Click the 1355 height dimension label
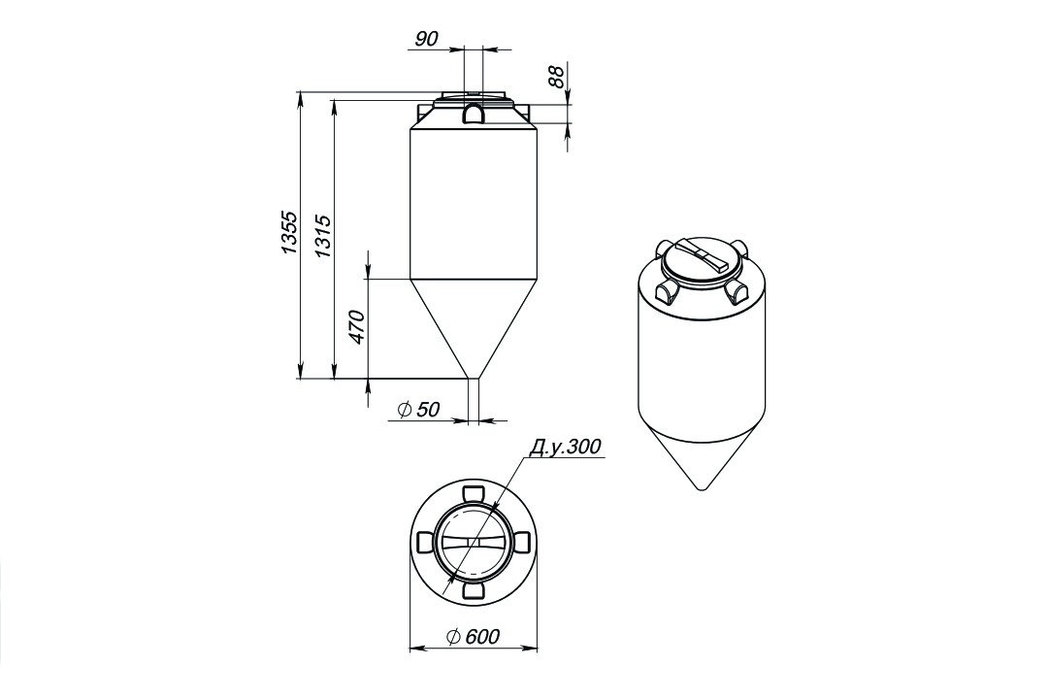click(289, 233)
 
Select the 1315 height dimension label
click(323, 236)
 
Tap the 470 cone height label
click(357, 327)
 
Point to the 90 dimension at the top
click(426, 40)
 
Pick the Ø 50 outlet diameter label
click(418, 410)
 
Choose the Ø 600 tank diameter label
click(472, 636)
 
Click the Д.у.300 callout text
click(565, 447)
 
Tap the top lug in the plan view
click(474, 492)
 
